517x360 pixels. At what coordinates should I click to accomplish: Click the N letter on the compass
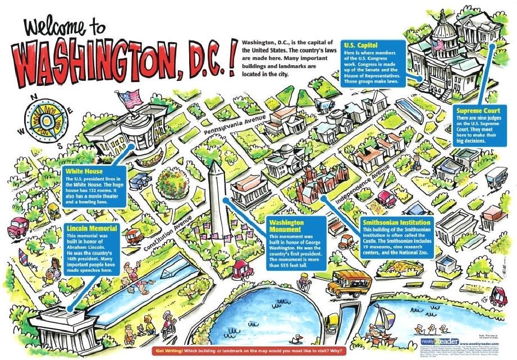(34, 96)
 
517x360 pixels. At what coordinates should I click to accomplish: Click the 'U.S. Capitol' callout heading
(360, 45)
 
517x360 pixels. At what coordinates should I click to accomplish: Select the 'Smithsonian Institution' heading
(397, 223)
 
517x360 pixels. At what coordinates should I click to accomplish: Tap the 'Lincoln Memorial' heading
(91, 229)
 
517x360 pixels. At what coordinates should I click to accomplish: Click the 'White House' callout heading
(83, 171)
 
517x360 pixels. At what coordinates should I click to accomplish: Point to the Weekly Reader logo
(439, 341)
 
